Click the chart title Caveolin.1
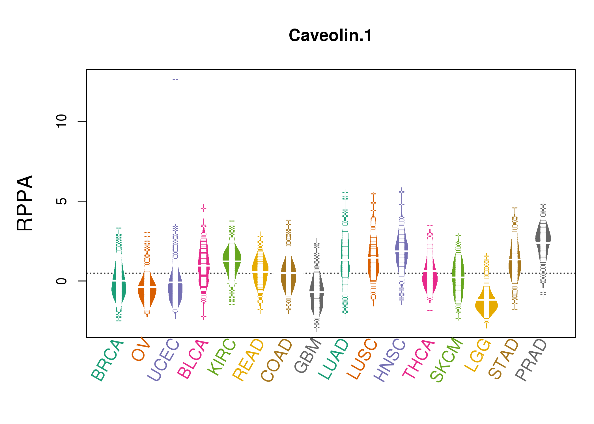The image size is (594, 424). click(x=330, y=36)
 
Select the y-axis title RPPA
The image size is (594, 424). click(x=25, y=203)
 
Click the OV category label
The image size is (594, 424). click(x=141, y=349)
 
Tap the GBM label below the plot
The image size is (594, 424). click(x=308, y=355)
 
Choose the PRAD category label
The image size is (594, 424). click(x=531, y=360)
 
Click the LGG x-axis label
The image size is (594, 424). click(x=478, y=355)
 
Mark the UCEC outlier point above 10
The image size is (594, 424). click(x=175, y=79)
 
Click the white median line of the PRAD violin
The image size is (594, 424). click(x=543, y=243)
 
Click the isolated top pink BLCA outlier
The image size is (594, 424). click(x=204, y=208)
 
